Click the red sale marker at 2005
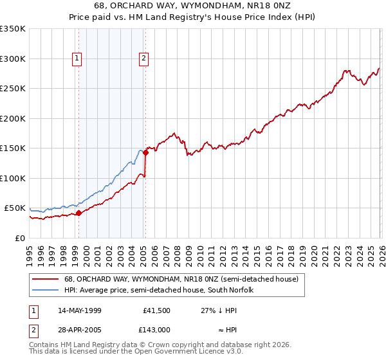point(146,152)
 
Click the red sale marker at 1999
point(78,213)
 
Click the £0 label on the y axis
point(19,238)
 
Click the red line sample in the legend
point(46,280)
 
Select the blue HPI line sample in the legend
point(46,291)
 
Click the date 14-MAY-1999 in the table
point(79,310)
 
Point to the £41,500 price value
point(156,310)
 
